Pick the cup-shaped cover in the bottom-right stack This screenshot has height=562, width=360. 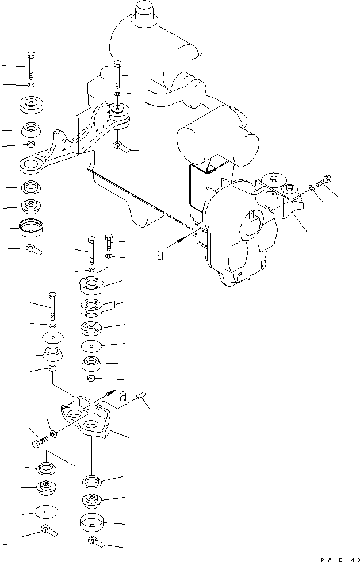tap(92, 522)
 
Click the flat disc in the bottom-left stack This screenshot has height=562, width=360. tap(47, 511)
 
